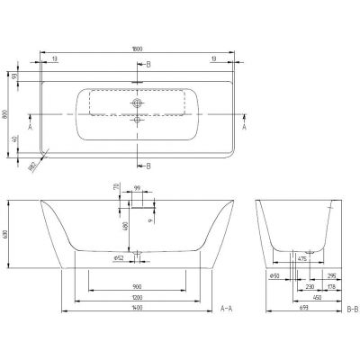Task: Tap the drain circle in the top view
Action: click(137, 103)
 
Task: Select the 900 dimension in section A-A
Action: click(137, 286)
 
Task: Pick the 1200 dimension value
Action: click(137, 297)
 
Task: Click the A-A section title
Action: click(228, 308)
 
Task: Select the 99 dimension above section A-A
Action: click(138, 189)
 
